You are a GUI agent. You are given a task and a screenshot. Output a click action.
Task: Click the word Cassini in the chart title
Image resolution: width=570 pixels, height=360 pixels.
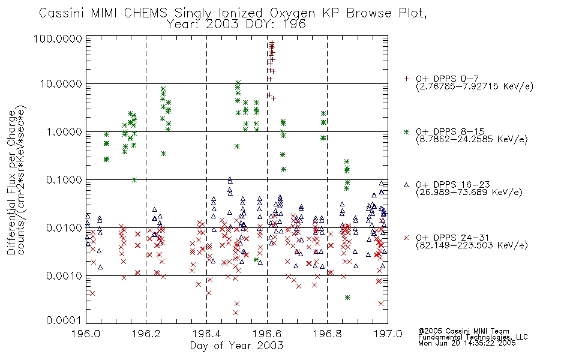61,13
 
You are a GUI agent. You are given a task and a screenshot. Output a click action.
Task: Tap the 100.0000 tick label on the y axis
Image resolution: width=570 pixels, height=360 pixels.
58,38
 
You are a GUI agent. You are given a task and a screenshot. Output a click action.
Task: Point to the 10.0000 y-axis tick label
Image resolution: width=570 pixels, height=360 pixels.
61,84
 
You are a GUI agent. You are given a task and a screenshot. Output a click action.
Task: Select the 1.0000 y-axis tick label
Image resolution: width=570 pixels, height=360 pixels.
64,131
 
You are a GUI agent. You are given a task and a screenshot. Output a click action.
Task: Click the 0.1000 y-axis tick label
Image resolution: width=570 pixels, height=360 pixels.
64,180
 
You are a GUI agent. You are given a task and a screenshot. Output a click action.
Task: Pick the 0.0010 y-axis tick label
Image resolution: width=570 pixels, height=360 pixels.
64,276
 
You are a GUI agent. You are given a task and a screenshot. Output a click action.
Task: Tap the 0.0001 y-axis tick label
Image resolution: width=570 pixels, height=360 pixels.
64,320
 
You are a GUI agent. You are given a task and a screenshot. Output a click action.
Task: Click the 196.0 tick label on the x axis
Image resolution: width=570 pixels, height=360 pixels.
86,334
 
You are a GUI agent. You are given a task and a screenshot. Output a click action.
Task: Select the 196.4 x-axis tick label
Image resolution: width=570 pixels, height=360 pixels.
206,334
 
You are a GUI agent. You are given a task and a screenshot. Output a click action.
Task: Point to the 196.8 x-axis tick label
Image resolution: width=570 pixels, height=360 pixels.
327,334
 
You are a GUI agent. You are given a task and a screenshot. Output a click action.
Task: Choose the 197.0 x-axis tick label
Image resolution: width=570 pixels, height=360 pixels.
388,334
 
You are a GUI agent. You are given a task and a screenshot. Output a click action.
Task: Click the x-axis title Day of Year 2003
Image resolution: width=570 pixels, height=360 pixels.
236,346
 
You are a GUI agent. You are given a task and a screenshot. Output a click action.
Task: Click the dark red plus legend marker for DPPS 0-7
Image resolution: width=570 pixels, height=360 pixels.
406,79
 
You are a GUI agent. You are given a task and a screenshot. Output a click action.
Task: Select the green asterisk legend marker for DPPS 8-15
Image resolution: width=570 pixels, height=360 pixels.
406,132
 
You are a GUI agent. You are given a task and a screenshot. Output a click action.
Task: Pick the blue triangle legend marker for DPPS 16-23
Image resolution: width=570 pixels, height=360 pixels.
406,185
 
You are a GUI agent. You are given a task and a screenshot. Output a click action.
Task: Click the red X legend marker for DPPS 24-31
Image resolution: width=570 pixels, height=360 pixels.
406,238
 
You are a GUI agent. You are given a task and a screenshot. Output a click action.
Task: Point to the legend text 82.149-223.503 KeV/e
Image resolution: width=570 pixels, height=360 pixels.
472,245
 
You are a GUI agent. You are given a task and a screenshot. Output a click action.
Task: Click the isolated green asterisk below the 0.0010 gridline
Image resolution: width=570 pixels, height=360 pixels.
347,298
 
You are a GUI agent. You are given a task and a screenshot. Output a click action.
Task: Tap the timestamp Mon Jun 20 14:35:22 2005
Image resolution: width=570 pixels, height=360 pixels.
467,343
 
